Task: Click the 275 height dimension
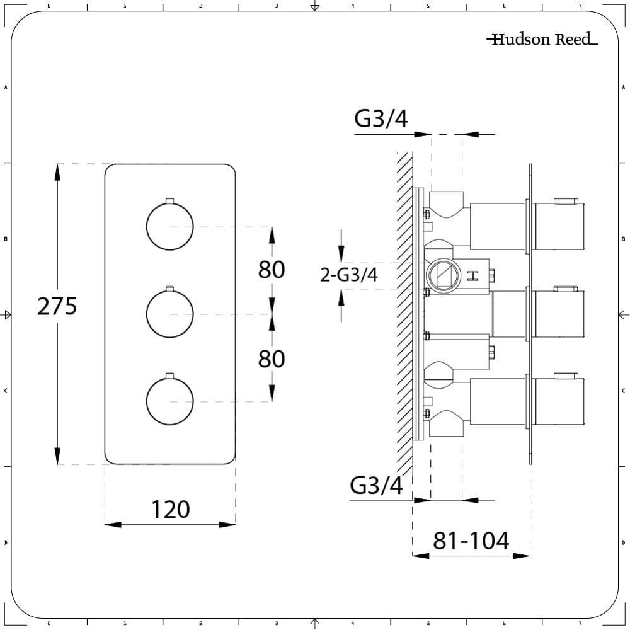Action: (x=57, y=307)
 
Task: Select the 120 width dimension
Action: (x=170, y=509)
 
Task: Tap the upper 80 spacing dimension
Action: (x=272, y=270)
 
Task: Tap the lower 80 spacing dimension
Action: (x=272, y=359)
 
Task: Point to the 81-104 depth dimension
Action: (x=471, y=541)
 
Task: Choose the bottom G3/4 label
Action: (x=376, y=486)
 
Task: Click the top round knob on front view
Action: (x=169, y=226)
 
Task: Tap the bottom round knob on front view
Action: (x=169, y=403)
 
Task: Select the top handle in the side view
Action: (x=559, y=225)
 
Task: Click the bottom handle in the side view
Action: (x=559, y=401)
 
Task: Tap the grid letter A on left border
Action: (x=6, y=88)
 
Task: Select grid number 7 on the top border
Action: (x=579, y=6)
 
